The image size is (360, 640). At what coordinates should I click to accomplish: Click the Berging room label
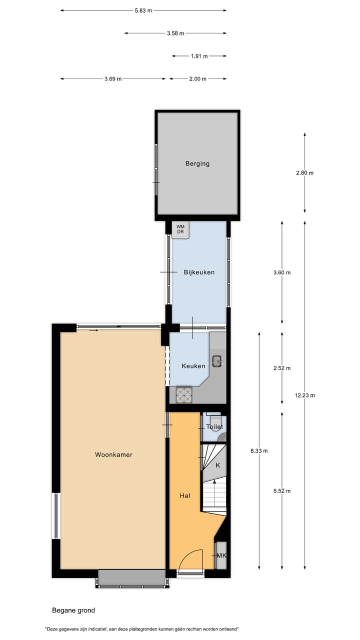tap(197, 163)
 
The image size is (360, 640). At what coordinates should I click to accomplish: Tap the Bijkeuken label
tap(199, 272)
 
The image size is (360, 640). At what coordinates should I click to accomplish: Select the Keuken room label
tap(193, 366)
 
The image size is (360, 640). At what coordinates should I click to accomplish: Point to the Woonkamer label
tap(113, 454)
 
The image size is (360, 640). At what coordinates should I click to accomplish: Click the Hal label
tap(185, 495)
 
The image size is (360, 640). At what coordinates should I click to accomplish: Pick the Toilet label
tap(214, 427)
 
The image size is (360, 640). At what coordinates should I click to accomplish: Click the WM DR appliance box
tap(180, 229)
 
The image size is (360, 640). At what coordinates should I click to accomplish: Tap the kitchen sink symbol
tap(217, 359)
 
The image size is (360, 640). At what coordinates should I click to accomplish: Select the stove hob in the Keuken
tap(184, 395)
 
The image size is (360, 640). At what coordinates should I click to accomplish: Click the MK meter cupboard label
tap(221, 555)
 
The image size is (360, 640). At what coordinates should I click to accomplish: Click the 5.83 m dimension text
tap(143, 10)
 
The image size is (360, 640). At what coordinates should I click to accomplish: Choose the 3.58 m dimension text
tap(175, 33)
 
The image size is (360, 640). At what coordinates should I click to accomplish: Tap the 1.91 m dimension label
tap(199, 56)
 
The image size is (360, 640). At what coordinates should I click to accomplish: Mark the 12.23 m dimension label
tap(305, 395)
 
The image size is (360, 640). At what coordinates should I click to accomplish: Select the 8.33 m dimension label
tap(259, 450)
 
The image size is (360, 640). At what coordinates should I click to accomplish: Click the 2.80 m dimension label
tap(304, 173)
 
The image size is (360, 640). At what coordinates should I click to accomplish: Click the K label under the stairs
tap(218, 465)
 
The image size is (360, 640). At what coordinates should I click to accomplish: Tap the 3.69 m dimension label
tap(113, 79)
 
